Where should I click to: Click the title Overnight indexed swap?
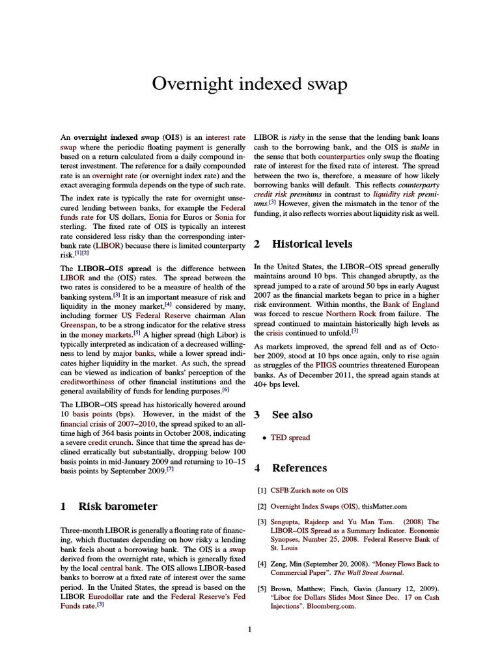(x=249, y=84)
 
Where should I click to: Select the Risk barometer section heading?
(x=118, y=505)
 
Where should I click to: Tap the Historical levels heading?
(x=312, y=244)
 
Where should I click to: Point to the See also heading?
(x=292, y=414)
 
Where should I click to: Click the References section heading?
(x=299, y=468)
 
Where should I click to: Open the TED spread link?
(x=291, y=438)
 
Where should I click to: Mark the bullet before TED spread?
(x=263, y=438)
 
